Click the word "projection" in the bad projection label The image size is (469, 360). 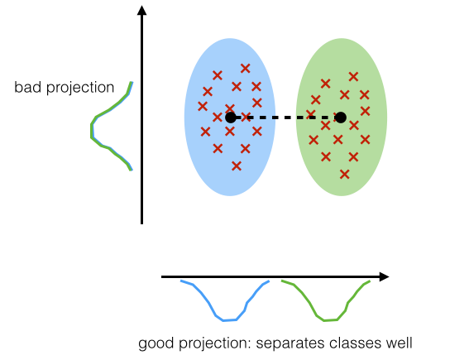click(80, 89)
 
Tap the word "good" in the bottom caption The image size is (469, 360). click(156, 343)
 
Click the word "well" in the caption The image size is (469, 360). click(399, 343)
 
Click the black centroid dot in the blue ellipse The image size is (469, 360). click(230, 118)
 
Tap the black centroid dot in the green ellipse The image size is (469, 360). click(341, 118)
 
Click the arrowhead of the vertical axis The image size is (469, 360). click(141, 10)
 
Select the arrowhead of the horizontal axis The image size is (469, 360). click(384, 276)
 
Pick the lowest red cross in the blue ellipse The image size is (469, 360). click(237, 166)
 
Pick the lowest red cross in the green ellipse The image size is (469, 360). click(345, 174)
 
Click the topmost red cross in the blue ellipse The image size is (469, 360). click(246, 69)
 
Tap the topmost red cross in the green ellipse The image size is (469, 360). click(353, 77)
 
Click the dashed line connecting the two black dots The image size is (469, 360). click(285, 118)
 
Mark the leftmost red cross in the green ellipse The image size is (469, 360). click(311, 113)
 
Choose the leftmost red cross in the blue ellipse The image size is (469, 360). click(203, 106)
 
